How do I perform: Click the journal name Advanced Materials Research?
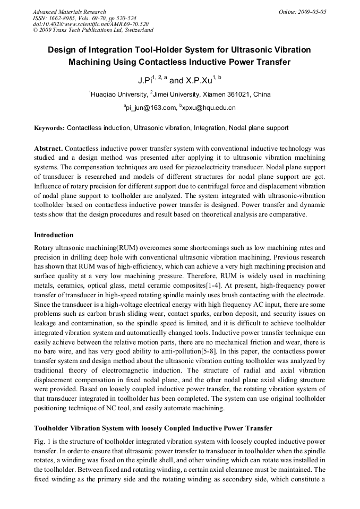coord(69,12)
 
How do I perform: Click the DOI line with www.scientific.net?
coord(90,24)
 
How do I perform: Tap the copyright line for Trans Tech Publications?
coord(93,30)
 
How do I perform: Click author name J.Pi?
coord(144,81)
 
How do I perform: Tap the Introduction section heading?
coord(54,235)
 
